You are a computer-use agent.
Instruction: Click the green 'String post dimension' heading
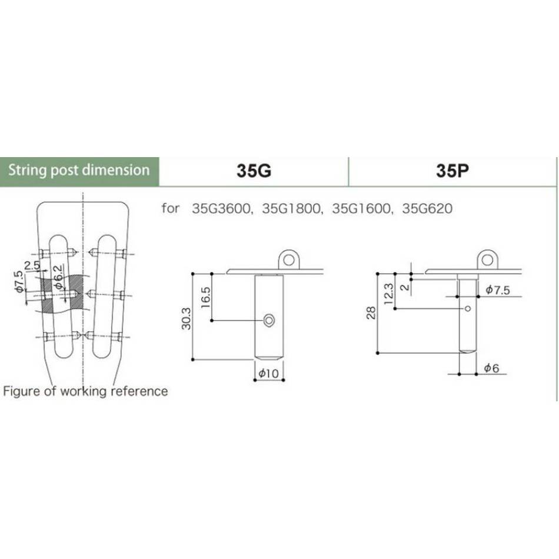click(79, 170)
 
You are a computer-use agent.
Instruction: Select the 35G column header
click(254, 171)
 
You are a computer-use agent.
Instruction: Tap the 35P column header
click(452, 171)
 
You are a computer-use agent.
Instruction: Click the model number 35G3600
click(222, 208)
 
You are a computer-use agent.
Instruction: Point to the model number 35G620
click(427, 208)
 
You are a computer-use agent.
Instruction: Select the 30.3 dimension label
click(187, 318)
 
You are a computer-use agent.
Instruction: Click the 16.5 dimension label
click(206, 298)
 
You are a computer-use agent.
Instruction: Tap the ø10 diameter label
click(268, 373)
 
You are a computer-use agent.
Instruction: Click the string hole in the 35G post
click(269, 320)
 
